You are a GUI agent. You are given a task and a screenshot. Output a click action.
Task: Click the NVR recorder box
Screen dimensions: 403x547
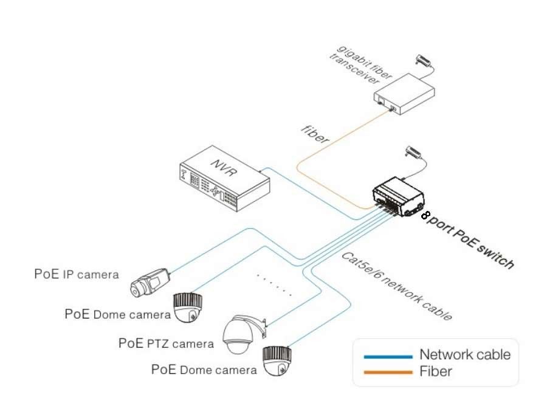tap(222, 179)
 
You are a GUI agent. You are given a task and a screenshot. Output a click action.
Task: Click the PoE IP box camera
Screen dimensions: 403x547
tap(150, 283)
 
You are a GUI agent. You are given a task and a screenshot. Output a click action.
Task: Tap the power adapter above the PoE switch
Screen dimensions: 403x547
tap(415, 151)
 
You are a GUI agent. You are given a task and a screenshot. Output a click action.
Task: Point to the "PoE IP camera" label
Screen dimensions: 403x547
tap(77, 274)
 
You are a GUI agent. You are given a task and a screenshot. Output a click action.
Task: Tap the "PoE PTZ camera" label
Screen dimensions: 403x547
tap(166, 343)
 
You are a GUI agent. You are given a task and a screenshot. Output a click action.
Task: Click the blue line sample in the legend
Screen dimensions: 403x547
tap(387, 356)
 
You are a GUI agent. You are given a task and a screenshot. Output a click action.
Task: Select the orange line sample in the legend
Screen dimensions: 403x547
tap(387, 371)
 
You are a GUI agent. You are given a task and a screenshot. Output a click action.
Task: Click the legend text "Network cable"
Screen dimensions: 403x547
tap(465, 355)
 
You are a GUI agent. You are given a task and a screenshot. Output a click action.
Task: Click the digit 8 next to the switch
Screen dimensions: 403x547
tap(425, 215)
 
